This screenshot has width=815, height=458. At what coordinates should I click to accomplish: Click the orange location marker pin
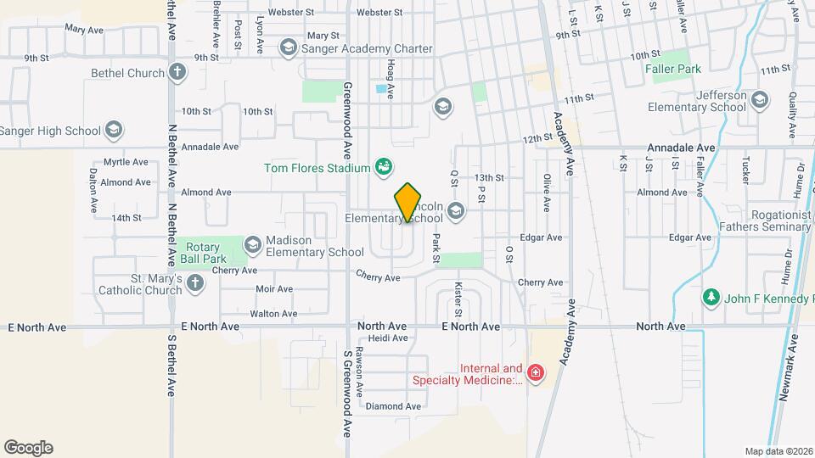point(407,203)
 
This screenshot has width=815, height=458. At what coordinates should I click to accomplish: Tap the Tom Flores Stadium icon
point(384,166)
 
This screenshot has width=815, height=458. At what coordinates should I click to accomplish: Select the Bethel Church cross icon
point(177,73)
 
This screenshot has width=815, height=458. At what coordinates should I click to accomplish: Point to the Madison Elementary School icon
point(252,245)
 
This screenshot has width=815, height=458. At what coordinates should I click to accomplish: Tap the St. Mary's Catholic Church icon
point(195,283)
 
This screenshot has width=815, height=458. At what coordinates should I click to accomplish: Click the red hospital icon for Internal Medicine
point(535,372)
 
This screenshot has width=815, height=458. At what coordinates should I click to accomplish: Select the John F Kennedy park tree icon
point(711,298)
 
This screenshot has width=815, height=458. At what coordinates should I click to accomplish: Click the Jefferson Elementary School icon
point(760,101)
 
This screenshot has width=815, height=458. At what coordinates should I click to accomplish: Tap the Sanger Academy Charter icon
point(288,48)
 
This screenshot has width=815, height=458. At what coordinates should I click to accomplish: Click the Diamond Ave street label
point(393,406)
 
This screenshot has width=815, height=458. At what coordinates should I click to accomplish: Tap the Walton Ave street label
point(273,313)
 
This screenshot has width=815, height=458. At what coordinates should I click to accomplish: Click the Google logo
point(28,448)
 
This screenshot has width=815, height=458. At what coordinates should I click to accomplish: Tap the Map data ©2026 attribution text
point(778,450)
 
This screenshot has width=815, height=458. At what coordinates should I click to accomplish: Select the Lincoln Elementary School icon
point(456,211)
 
